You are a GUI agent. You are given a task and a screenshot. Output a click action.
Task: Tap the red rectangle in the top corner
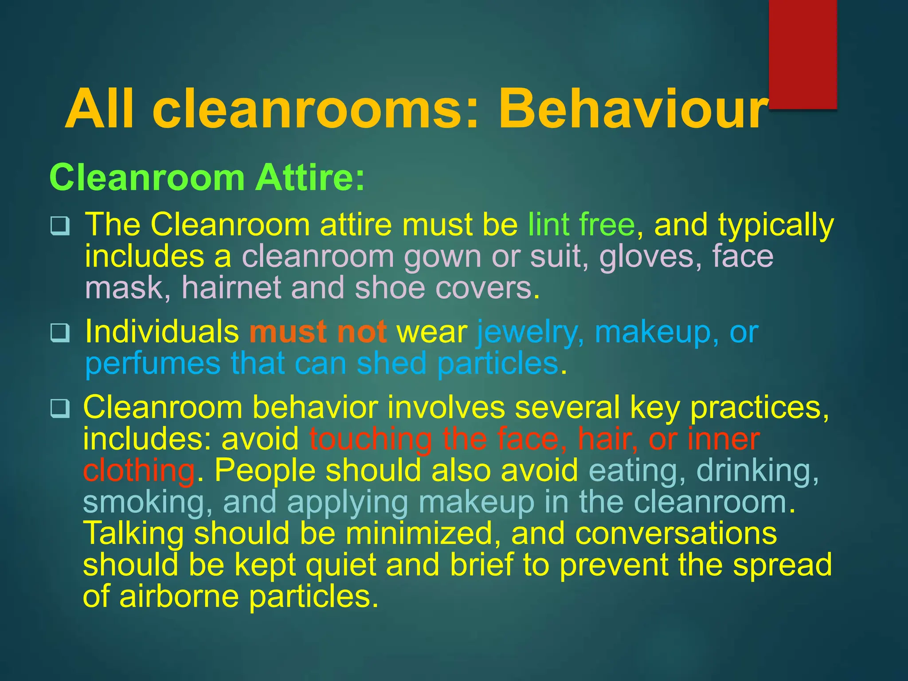tap(802, 53)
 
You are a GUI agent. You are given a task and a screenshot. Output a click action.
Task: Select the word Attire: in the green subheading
tap(309, 177)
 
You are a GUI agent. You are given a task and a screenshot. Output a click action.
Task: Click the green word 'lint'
tap(548, 224)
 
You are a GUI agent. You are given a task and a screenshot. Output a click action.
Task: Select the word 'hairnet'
tap(231, 288)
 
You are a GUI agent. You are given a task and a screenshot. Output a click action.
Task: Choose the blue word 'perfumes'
tap(153, 364)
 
